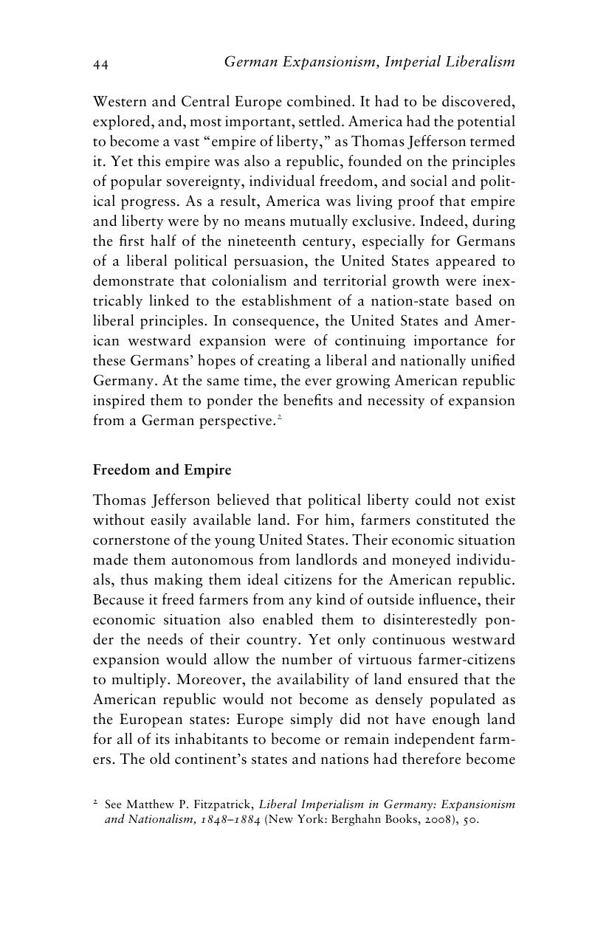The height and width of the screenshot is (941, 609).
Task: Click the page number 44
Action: (x=100, y=65)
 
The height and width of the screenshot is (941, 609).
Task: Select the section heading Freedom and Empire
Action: (x=162, y=470)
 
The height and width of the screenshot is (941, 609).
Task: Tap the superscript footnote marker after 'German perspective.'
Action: (x=280, y=418)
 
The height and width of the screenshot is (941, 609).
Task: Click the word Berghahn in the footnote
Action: (x=354, y=819)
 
